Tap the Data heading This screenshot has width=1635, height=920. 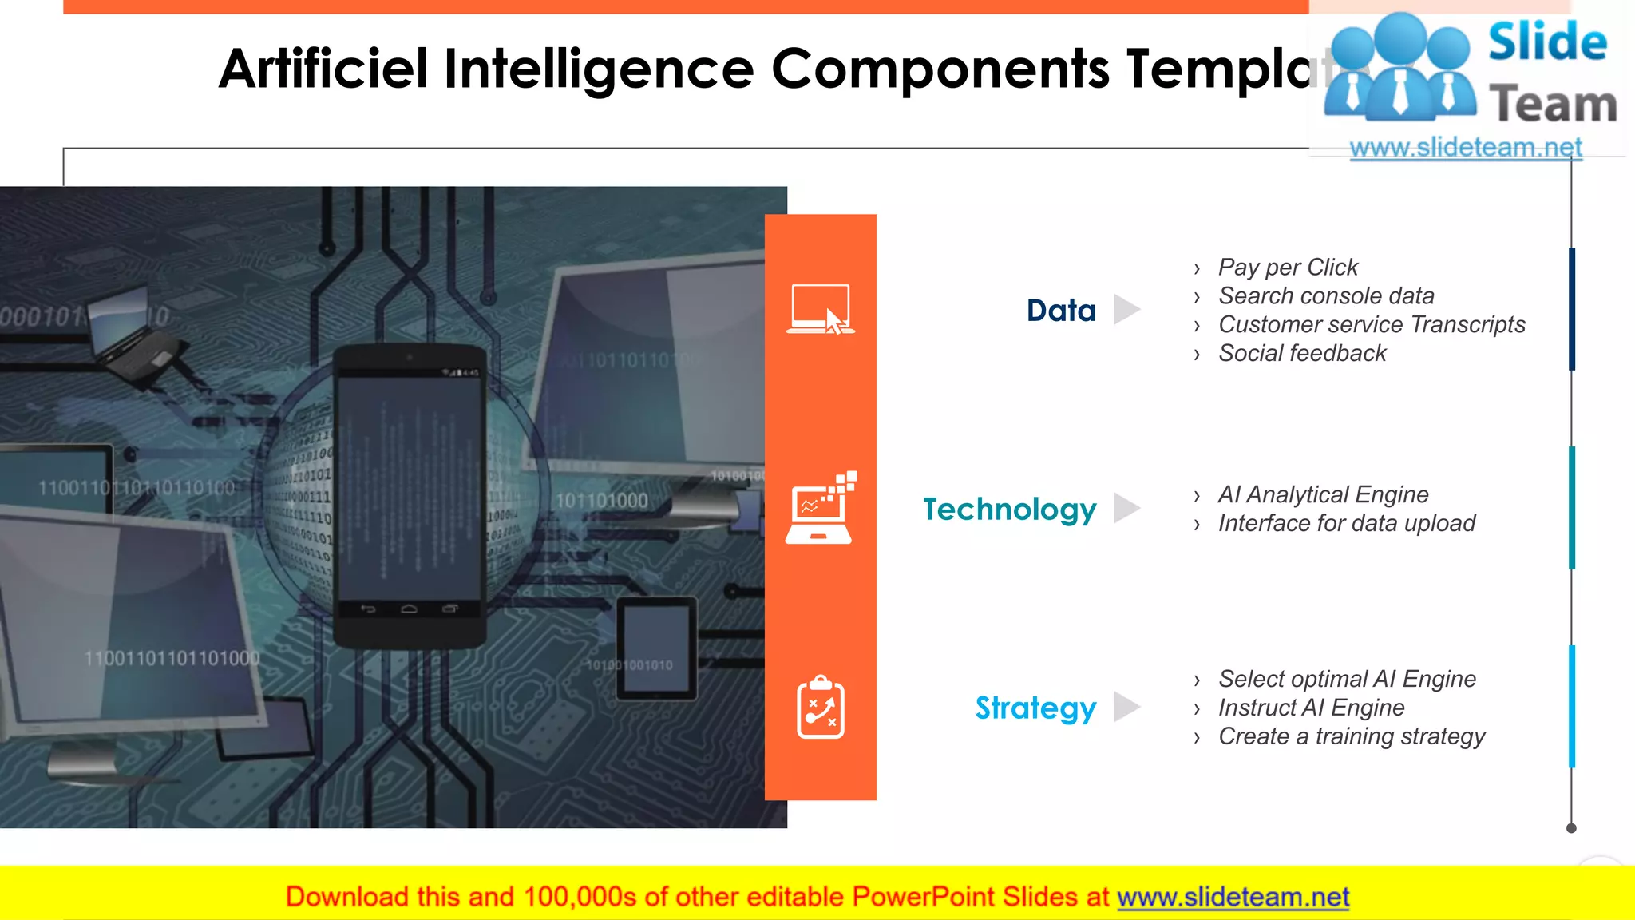pyautogui.click(x=1061, y=311)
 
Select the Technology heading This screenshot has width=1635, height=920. pyautogui.click(x=1009, y=510)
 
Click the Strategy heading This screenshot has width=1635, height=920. pyautogui.click(x=1035, y=708)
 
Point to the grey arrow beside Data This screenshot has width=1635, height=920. pyautogui.click(x=1126, y=310)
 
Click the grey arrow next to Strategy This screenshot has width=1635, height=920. pyautogui.click(x=1126, y=707)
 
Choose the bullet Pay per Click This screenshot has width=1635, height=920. pyautogui.click(x=1287, y=268)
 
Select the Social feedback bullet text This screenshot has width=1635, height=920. pyautogui.click(x=1302, y=354)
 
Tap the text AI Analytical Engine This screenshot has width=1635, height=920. pyautogui.click(x=1323, y=495)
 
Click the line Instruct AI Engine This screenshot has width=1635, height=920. pyautogui.click(x=1311, y=708)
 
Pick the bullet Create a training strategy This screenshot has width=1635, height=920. pyautogui.click(x=1351, y=737)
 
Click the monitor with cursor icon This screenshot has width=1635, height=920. pyautogui.click(x=821, y=310)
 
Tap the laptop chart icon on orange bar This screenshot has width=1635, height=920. pyautogui.click(x=821, y=509)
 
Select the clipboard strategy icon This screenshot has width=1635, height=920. pyautogui.click(x=821, y=708)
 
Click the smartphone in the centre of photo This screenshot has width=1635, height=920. pyautogui.click(x=410, y=495)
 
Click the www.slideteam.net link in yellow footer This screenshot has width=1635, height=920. pyautogui.click(x=1233, y=898)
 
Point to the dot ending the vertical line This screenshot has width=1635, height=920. pyautogui.click(x=1571, y=828)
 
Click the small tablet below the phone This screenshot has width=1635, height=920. pyautogui.click(x=656, y=648)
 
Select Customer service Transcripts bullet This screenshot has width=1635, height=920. pyautogui.click(x=1371, y=325)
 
